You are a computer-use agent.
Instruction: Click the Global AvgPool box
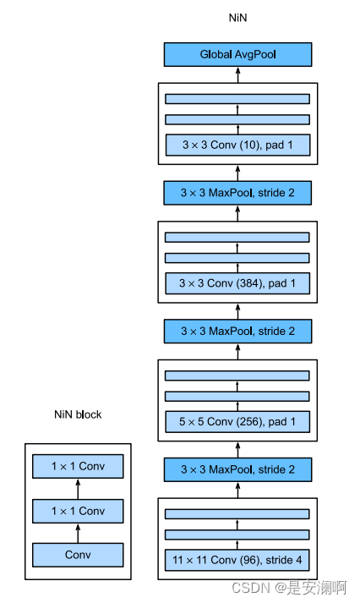tap(237, 55)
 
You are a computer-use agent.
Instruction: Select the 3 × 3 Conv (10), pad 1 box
tap(237, 145)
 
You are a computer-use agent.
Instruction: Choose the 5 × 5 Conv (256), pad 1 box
tap(237, 421)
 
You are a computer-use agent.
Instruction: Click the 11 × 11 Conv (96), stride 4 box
tap(237, 559)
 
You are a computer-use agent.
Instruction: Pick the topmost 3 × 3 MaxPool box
tap(237, 193)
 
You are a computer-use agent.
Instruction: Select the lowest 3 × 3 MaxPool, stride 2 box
tap(237, 469)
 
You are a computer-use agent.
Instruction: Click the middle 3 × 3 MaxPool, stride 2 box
tap(237, 331)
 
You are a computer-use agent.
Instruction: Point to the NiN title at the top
tap(237, 17)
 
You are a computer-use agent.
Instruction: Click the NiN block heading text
tap(78, 414)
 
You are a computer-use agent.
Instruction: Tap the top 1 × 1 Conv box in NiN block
tap(78, 466)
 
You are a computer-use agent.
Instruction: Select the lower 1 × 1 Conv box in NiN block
tap(78, 510)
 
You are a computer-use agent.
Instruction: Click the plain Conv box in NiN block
tap(78, 555)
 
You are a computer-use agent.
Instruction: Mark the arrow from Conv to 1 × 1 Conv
tap(78, 533)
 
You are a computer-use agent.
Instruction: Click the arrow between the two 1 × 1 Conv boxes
tap(78, 488)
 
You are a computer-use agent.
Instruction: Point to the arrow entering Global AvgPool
tap(237, 74)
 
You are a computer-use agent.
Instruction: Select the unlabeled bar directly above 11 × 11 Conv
tap(237, 534)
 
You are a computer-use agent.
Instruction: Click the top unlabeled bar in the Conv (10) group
tap(237, 98)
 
